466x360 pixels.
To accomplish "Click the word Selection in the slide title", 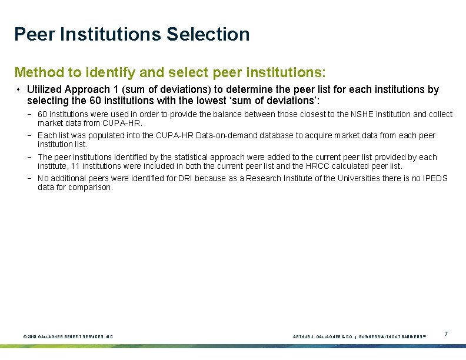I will (x=208, y=34).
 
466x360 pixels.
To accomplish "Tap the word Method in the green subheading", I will (x=37, y=72).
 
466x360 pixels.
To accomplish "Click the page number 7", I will (x=446, y=334).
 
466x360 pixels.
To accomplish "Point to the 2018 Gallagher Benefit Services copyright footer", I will (x=68, y=336).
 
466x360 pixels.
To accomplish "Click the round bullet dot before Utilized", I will (x=19, y=90).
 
